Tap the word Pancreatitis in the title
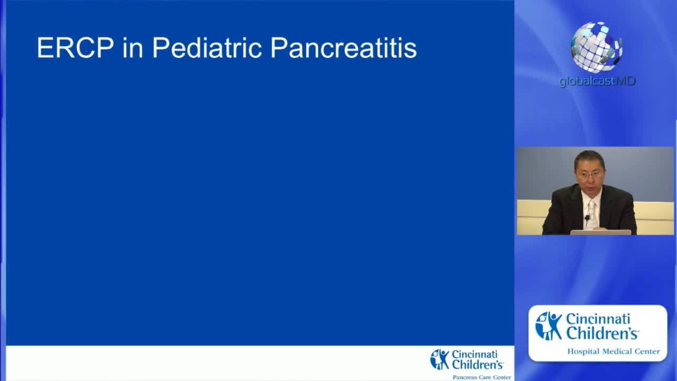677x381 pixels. (x=343, y=48)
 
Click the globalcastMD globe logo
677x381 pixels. (x=597, y=46)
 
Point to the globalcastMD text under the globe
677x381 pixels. (x=597, y=81)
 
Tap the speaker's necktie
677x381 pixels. (x=591, y=212)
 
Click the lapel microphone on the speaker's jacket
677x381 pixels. (x=587, y=217)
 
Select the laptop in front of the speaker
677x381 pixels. (x=600, y=232)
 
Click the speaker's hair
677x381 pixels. (x=589, y=158)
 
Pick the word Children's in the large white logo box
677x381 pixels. (x=602, y=333)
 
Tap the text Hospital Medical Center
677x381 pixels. (x=613, y=351)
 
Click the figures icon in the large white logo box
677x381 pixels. (x=548, y=325)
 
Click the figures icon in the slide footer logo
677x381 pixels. (x=440, y=359)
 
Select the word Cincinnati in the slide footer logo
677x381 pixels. (x=474, y=355)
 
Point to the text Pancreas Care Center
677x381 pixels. (x=481, y=377)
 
